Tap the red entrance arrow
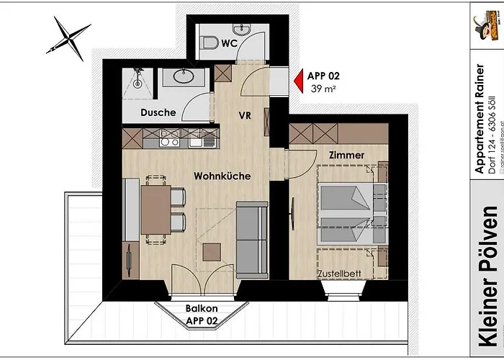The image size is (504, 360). (297, 79)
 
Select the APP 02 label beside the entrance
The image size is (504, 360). (324, 75)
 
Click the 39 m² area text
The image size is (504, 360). (324, 89)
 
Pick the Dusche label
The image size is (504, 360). (158, 112)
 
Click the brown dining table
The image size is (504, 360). (156, 210)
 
